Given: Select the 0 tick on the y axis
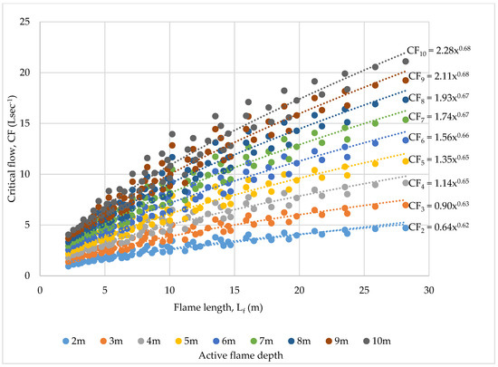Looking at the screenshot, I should coord(30,275).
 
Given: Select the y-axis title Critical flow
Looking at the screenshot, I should coord(11,148).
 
